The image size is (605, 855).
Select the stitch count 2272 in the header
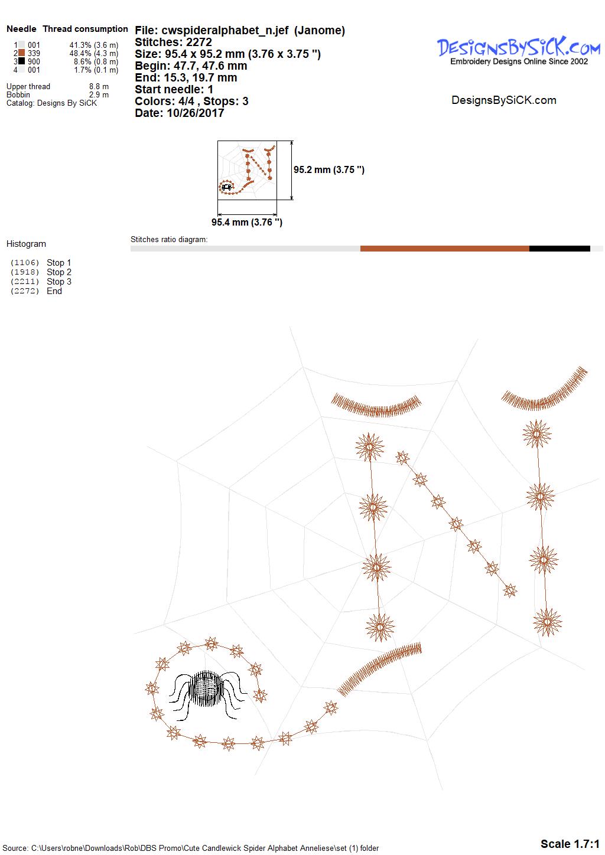(199, 42)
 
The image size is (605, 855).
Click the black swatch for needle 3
(22, 61)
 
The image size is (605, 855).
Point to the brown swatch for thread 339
(22, 53)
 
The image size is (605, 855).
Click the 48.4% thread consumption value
(80, 53)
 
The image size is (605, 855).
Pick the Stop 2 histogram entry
(59, 272)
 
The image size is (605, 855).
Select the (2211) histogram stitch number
(25, 282)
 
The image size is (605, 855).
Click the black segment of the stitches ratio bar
(560, 249)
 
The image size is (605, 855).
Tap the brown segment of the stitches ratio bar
(444, 249)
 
